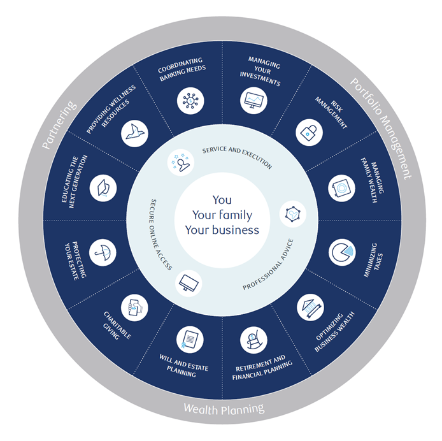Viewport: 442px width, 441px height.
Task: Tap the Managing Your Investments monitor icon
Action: coord(253,100)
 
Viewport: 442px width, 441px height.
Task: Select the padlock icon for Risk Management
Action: coord(310,132)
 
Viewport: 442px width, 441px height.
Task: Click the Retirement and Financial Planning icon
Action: coord(253,340)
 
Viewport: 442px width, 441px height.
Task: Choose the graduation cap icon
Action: coord(102,188)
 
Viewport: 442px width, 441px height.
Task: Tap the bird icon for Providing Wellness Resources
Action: coord(134,132)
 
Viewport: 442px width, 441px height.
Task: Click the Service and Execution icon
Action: coord(181,163)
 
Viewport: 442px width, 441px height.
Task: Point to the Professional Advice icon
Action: coord(292,214)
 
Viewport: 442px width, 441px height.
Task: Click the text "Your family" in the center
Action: coord(222,215)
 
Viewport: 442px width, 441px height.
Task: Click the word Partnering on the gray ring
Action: coord(59,125)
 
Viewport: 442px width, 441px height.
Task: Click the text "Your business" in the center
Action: coord(222,229)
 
